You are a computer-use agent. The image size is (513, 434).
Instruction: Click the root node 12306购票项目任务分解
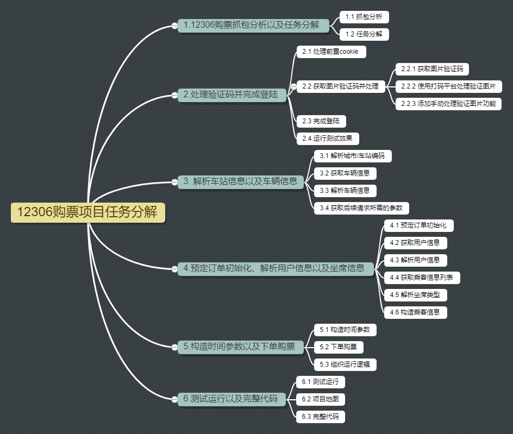tap(87, 212)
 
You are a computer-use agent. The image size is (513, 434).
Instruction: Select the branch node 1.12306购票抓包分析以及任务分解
tap(254, 25)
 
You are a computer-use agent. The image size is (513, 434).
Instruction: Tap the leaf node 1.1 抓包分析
tap(364, 17)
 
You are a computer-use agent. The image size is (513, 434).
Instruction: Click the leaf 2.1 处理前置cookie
tap(331, 52)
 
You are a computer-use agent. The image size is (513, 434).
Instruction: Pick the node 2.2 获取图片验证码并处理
tap(341, 86)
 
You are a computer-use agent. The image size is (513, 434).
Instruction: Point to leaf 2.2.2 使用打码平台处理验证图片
tap(448, 86)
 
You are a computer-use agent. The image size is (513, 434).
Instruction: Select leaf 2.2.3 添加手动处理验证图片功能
tap(448, 104)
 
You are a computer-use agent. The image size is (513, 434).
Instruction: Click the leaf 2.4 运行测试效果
tap(328, 139)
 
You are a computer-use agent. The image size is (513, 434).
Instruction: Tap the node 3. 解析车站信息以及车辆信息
tap(241, 181)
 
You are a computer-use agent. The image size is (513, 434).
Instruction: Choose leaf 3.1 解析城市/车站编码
tap(352, 156)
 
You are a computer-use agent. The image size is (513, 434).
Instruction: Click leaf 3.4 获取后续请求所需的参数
tap(361, 208)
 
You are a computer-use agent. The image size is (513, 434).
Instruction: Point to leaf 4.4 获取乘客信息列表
tap(422, 278)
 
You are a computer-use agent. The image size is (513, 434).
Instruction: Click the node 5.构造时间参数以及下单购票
tap(240, 347)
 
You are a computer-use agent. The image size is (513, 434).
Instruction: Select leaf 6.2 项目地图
tap(321, 399)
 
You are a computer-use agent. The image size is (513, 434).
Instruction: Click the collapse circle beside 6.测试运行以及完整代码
tap(174, 399)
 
